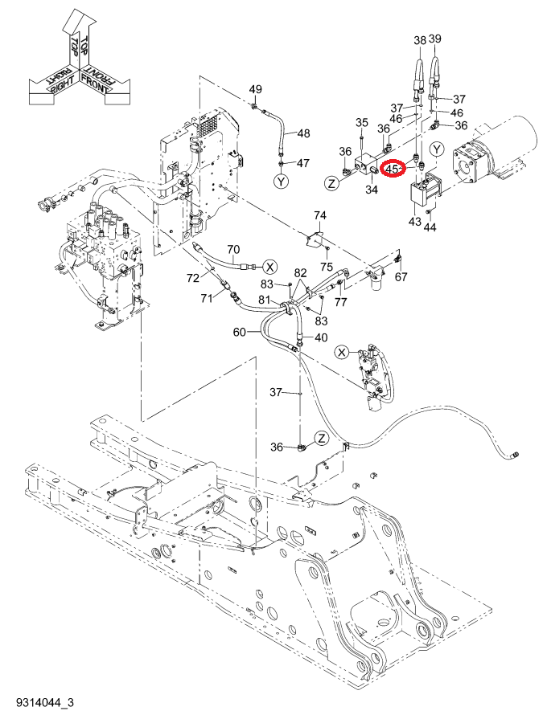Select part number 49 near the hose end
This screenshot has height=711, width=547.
[256, 89]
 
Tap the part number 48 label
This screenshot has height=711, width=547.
[303, 133]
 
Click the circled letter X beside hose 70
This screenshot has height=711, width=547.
[270, 267]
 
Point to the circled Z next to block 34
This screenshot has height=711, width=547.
[332, 184]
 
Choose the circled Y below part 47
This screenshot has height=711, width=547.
[282, 182]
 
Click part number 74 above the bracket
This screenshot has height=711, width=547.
[320, 215]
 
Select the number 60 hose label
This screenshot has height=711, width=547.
[240, 333]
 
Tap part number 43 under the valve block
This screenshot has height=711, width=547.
[415, 222]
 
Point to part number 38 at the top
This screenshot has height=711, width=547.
[420, 40]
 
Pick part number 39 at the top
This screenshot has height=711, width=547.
[435, 39]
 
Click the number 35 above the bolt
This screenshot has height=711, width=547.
[362, 122]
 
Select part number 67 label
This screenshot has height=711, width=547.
[401, 276]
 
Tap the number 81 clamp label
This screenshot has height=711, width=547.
[265, 300]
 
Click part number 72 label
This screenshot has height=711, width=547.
[193, 278]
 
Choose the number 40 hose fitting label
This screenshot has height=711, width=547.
[321, 337]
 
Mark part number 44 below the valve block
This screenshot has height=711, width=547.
[430, 227]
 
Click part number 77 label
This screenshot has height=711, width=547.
[341, 302]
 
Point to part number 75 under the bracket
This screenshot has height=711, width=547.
[327, 267]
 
